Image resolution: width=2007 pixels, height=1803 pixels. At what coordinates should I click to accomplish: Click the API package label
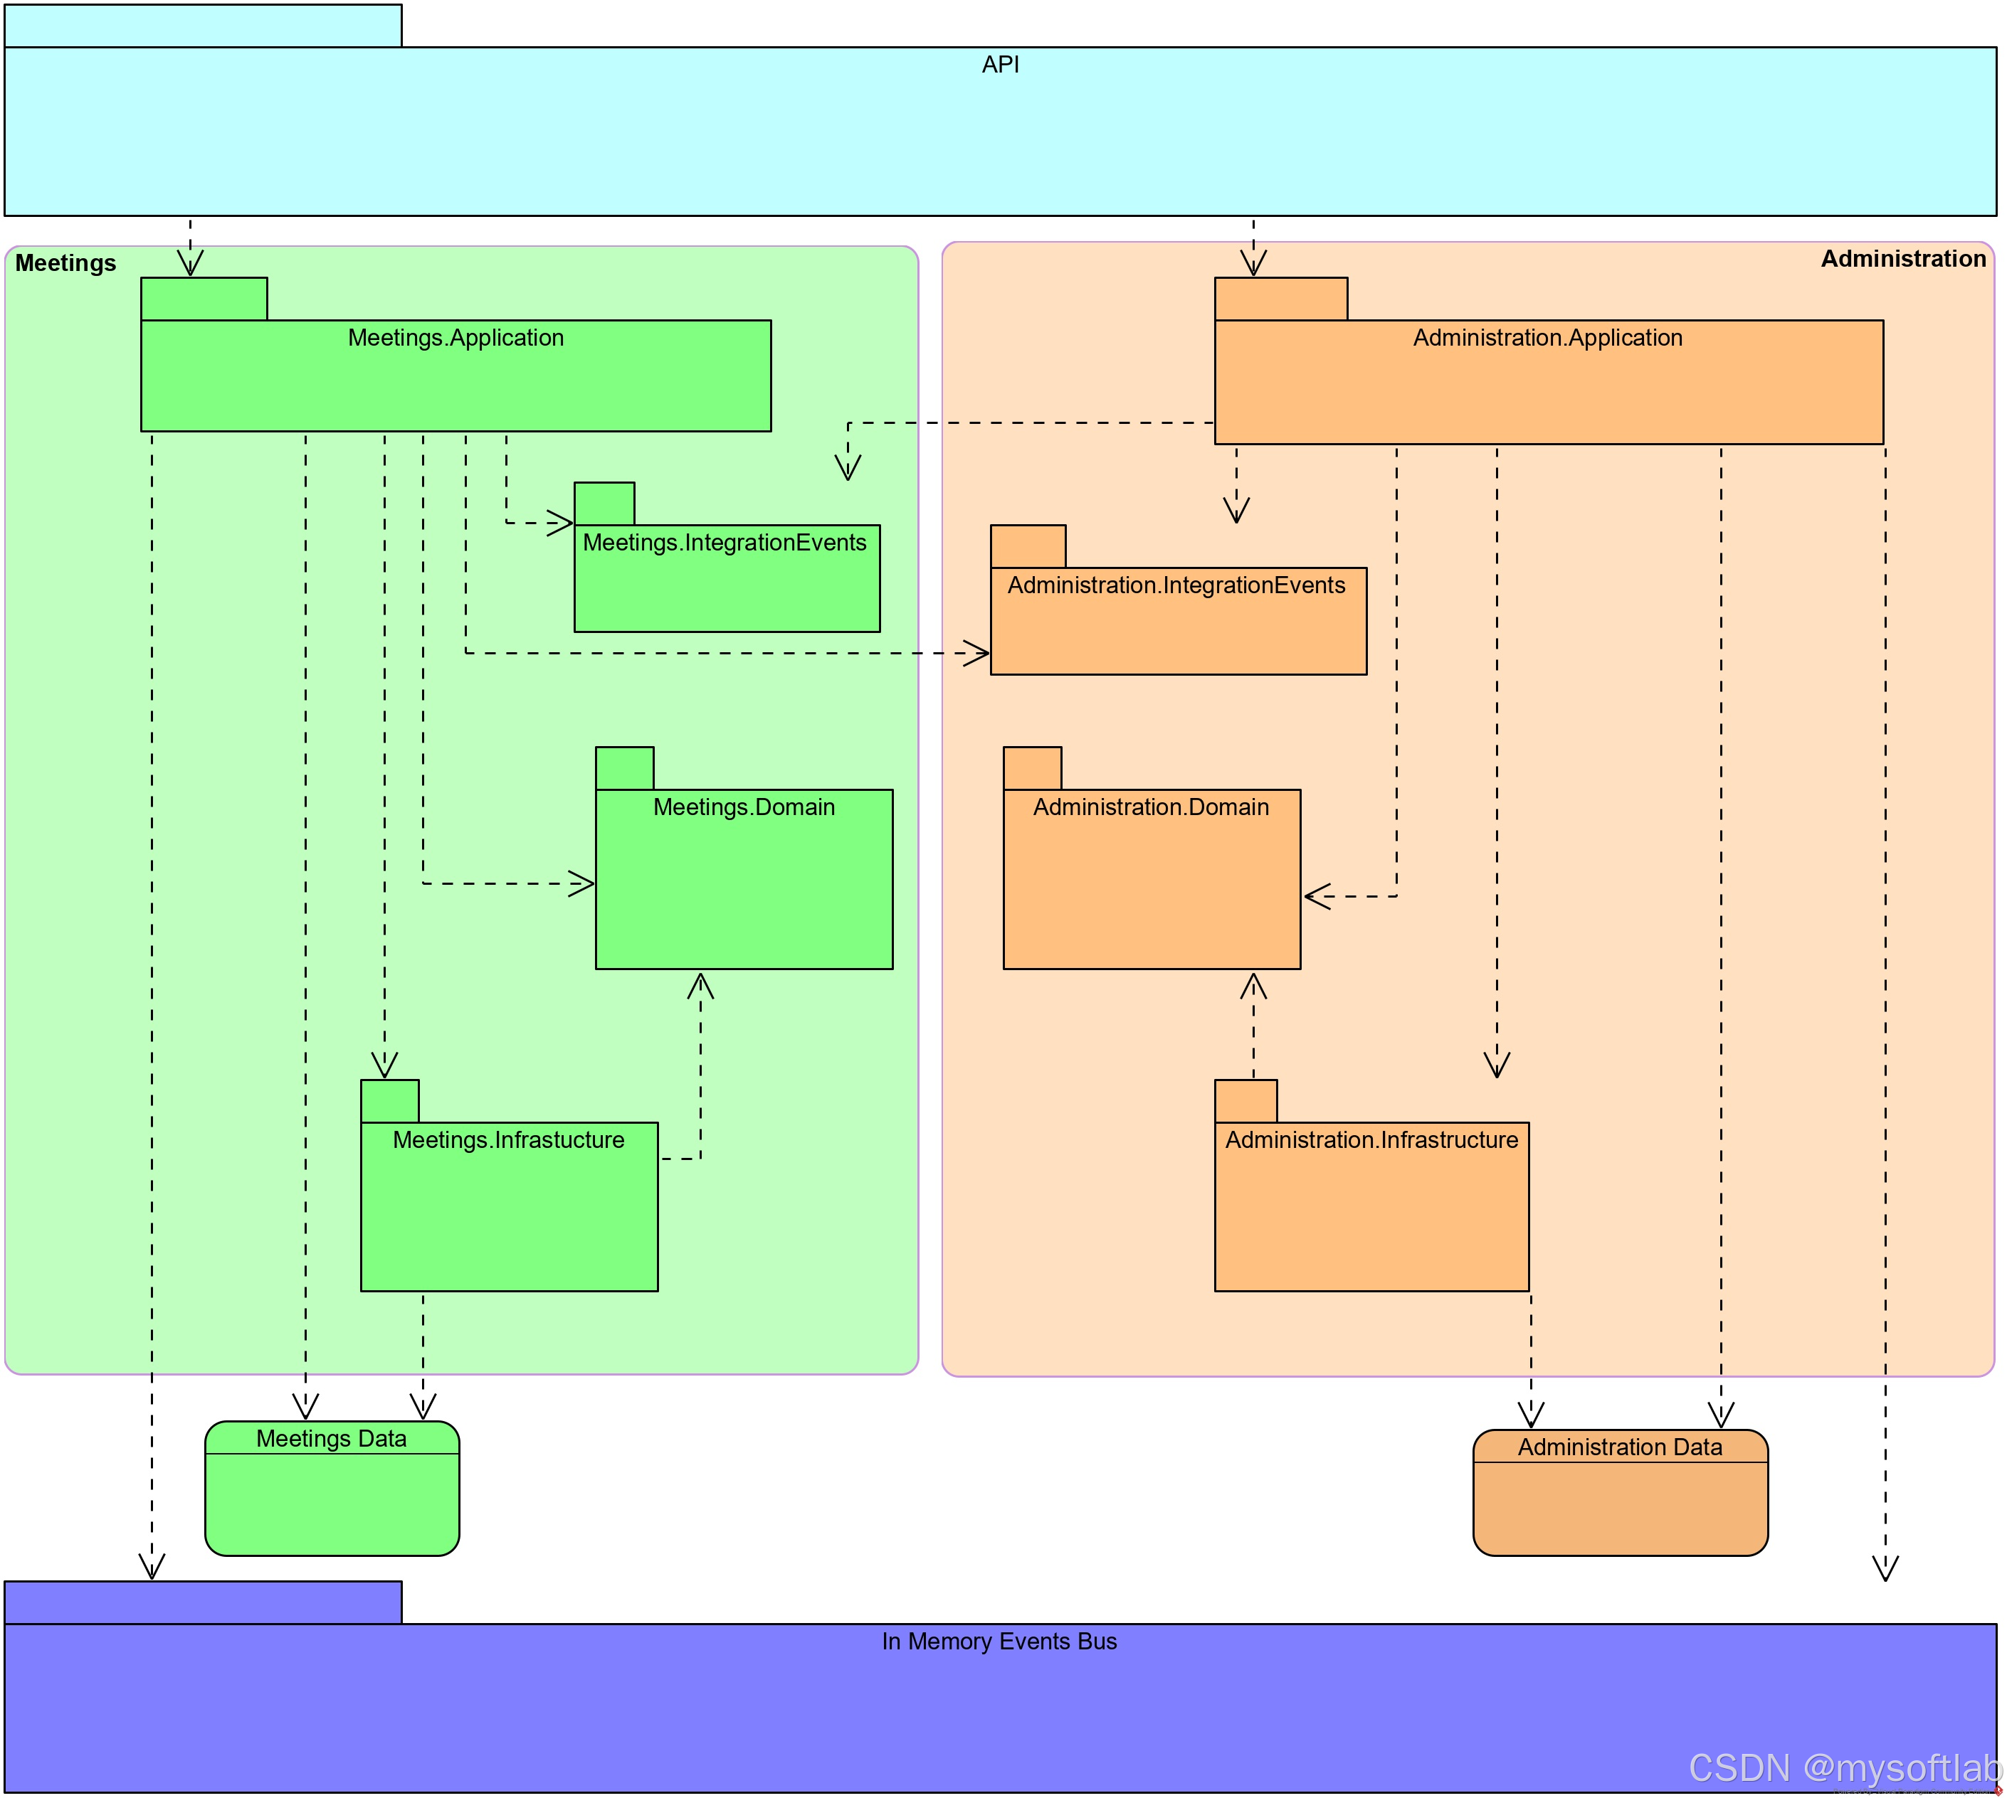point(1000,65)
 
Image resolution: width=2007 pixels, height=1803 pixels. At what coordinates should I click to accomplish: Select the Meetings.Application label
point(456,338)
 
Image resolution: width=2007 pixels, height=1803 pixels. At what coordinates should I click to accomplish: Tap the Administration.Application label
point(1547,338)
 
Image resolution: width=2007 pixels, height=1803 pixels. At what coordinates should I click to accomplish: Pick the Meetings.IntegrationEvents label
point(725,543)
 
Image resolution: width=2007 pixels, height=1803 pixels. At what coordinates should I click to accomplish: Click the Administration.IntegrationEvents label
point(1176,585)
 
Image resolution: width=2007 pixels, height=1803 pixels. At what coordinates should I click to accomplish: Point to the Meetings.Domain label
point(743,807)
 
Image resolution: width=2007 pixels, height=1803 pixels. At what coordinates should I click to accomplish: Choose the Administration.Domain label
point(1151,807)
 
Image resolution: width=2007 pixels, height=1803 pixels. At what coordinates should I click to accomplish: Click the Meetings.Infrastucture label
point(508,1140)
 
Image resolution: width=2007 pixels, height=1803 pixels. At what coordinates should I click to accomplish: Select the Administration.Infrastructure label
point(1371,1140)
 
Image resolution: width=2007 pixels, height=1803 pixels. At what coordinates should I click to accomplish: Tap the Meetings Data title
point(331,1438)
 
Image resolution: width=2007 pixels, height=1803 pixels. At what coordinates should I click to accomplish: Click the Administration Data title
point(1619,1447)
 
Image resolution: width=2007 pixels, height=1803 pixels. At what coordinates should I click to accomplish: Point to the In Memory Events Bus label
point(999,1642)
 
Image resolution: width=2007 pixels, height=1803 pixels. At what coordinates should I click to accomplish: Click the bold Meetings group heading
point(65,263)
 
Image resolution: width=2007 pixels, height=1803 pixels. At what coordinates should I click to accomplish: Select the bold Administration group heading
point(1903,260)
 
